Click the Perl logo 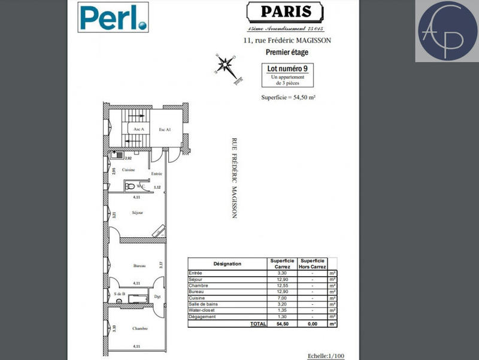click(x=113, y=17)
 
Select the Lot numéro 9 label click(x=288, y=68)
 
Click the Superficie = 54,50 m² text click(x=288, y=97)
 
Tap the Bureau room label click(x=140, y=265)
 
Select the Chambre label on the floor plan click(x=140, y=328)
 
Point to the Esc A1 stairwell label click(x=165, y=129)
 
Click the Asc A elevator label click(x=138, y=129)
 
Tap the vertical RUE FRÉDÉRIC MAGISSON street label click(x=234, y=179)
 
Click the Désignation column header click(x=227, y=264)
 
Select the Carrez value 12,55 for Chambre click(x=281, y=285)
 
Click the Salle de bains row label click(x=205, y=304)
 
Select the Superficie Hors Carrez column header click(x=313, y=264)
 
